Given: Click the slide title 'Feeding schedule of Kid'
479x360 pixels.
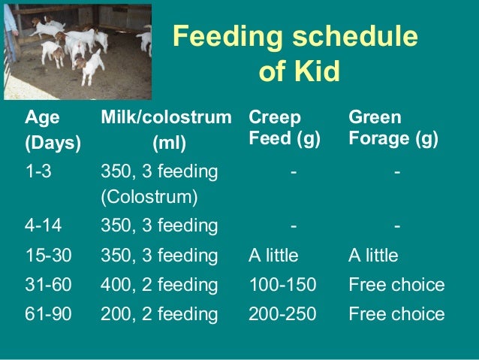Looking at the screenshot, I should [296, 53].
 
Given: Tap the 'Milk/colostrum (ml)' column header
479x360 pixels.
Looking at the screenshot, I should [166, 129].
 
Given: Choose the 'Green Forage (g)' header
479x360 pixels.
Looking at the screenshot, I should [393, 129].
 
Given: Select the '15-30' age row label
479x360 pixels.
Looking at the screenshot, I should [48, 256].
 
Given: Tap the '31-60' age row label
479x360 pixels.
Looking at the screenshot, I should [48, 285].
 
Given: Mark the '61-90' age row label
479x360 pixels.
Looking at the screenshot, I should [48, 314].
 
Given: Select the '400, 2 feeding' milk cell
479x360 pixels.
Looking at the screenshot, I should [159, 285].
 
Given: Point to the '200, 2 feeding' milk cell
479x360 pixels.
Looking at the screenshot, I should [159, 314].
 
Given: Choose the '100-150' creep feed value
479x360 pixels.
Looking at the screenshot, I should [282, 285].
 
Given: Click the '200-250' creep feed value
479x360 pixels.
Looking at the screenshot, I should [282, 314].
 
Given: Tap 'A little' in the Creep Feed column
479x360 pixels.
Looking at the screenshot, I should [273, 256].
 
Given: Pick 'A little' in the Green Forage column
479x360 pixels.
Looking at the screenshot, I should [373, 256].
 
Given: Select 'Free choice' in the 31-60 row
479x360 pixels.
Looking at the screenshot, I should [396, 285].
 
